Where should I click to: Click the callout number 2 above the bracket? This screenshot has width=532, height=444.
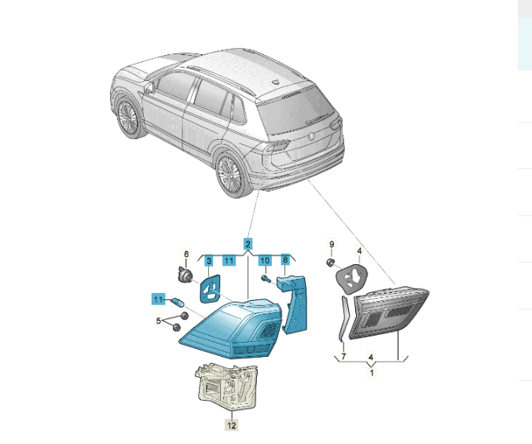point(248,244)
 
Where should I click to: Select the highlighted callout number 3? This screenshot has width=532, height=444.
point(209,261)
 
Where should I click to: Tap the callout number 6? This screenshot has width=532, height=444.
point(186,254)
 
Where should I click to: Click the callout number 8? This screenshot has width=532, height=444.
point(285,260)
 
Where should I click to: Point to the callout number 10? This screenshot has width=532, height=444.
point(265,260)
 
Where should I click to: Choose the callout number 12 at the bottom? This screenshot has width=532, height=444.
point(231,425)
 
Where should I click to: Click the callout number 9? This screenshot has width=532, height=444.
point(332,244)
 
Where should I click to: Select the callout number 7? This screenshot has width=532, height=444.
point(343,356)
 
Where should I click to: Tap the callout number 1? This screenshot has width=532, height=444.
point(372,373)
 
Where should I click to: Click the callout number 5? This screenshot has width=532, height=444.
point(158,320)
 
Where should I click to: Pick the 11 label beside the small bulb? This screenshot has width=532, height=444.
point(158,299)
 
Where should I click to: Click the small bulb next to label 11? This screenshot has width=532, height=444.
point(177,301)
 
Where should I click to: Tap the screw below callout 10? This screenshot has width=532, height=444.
point(266,279)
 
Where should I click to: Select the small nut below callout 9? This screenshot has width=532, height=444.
point(331,262)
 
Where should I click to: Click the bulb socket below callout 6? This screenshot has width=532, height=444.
point(184,274)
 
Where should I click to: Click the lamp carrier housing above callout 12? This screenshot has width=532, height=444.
point(226,387)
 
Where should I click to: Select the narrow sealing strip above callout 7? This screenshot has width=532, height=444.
point(343,318)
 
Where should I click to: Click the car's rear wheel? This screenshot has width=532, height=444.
point(231,175)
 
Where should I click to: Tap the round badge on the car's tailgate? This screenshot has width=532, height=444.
point(311,137)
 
